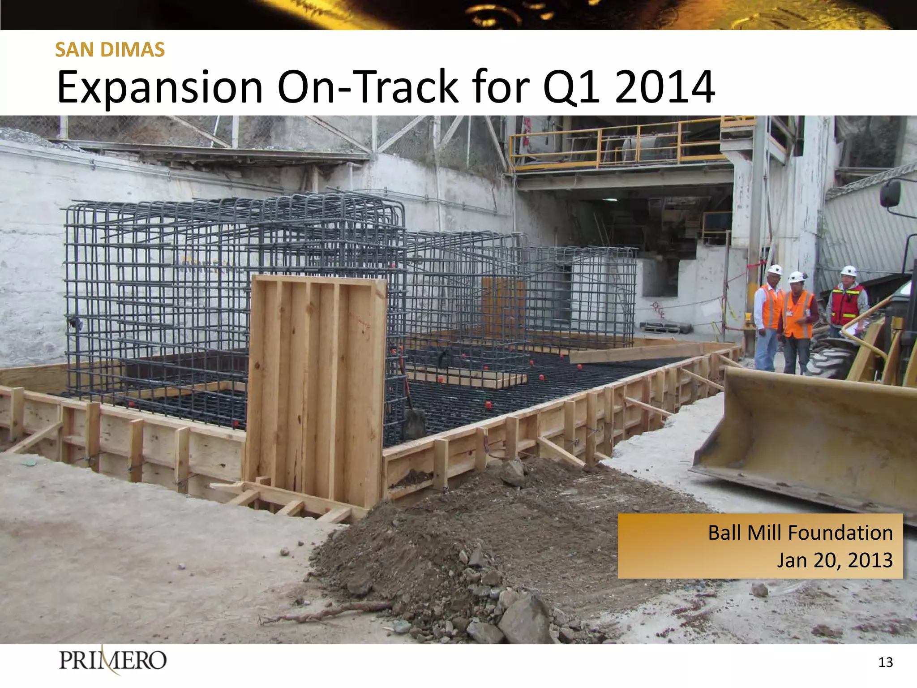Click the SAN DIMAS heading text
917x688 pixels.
[x=110, y=50]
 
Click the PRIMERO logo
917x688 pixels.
[x=112, y=660]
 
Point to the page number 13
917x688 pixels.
[x=885, y=662]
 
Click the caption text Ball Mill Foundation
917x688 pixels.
[x=800, y=533]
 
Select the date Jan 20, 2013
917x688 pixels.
[x=834, y=560]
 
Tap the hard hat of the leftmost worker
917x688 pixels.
[x=775, y=270]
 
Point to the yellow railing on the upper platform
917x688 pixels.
[x=618, y=143]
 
